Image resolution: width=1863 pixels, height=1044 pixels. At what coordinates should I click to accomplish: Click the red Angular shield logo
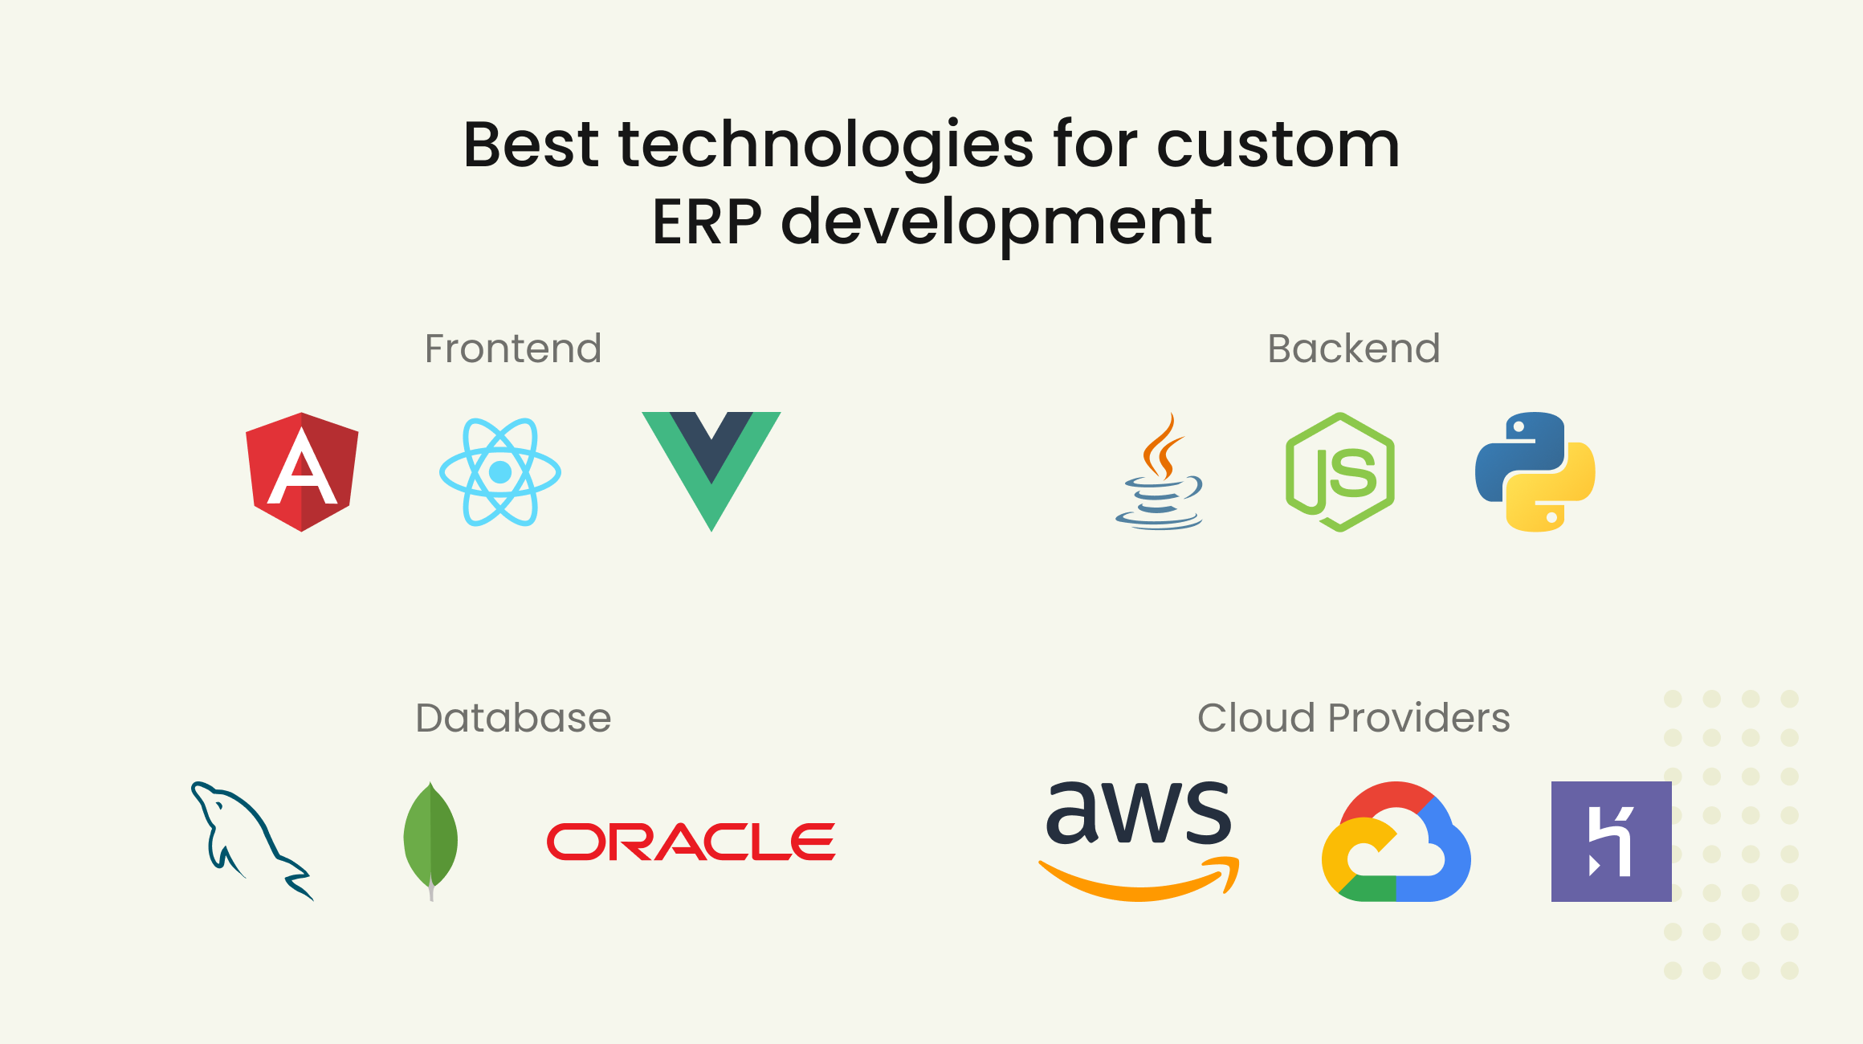(302, 471)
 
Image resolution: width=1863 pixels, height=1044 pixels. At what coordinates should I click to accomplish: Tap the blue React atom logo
(499, 471)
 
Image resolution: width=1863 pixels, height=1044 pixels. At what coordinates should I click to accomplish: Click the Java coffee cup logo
(1160, 474)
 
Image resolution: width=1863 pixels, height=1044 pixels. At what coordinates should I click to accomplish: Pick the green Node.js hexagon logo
(1339, 471)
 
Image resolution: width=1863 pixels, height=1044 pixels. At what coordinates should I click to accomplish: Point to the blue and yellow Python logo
(1535, 471)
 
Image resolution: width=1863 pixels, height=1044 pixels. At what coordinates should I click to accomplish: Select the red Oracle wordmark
(691, 842)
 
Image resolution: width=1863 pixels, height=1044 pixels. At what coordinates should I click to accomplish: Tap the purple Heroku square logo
(1611, 841)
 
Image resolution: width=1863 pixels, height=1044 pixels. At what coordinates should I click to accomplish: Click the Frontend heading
(512, 349)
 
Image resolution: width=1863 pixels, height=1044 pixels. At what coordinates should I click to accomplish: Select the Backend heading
(1353, 349)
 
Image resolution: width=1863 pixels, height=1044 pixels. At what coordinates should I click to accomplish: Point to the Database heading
(512, 718)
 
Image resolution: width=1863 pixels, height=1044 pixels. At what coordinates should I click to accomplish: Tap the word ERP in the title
(706, 222)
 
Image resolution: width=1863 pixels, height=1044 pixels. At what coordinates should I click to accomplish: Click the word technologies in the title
(826, 146)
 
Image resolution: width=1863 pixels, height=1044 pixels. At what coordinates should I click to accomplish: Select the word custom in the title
(1278, 146)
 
